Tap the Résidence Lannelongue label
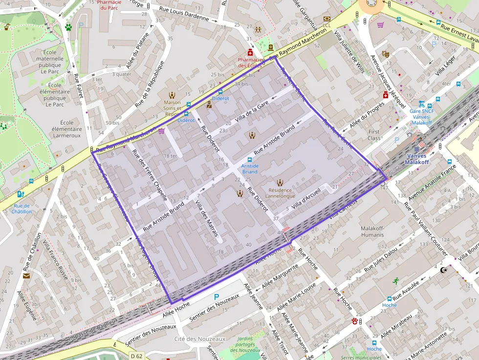[x=280, y=193]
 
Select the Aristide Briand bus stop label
[x=250, y=169]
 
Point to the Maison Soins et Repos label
[x=172, y=108]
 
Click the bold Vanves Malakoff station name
[x=416, y=159]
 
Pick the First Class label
[x=374, y=135]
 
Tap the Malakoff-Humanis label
[x=372, y=232]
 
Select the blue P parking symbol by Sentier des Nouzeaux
[x=217, y=296]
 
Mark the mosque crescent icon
[x=444, y=270]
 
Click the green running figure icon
[x=396, y=281]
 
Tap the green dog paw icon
[x=68, y=27]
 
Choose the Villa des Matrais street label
[x=207, y=218]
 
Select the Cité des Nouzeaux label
[x=199, y=339]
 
